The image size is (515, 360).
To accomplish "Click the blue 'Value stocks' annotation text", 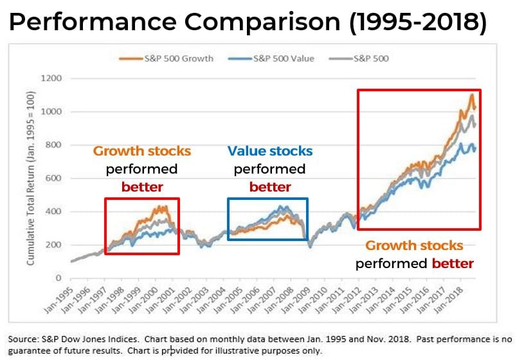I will click(x=269, y=152).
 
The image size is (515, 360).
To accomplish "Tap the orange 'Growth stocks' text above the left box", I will click(x=141, y=152).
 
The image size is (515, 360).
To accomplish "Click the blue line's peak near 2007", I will click(x=282, y=208).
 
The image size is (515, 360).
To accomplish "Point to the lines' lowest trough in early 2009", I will click(x=309, y=246).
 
